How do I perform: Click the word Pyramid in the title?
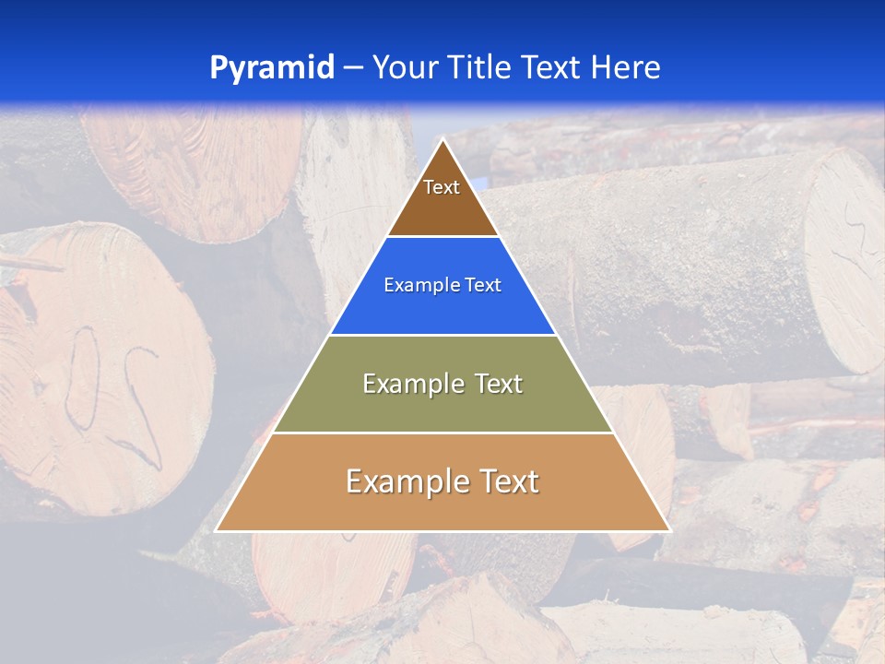click(x=271, y=68)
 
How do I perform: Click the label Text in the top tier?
click(x=442, y=187)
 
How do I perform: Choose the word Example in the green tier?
click(x=411, y=384)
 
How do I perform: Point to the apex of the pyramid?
click(x=442, y=140)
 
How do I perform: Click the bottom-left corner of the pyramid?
click(x=217, y=530)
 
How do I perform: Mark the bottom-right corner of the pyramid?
click(x=669, y=530)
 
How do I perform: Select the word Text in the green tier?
click(x=497, y=384)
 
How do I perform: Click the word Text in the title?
click(x=552, y=68)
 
